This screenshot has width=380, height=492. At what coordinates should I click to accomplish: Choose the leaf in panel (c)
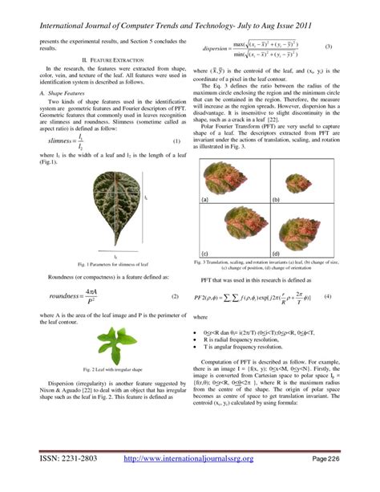(234, 230)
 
